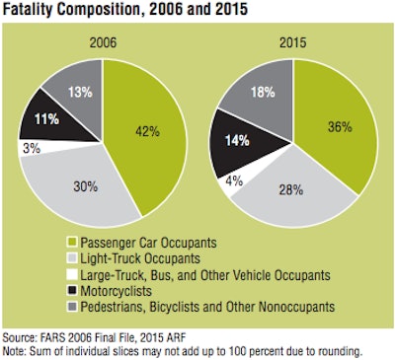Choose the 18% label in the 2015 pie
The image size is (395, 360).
tap(262, 95)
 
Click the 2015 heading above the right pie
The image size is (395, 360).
tap(288, 43)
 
